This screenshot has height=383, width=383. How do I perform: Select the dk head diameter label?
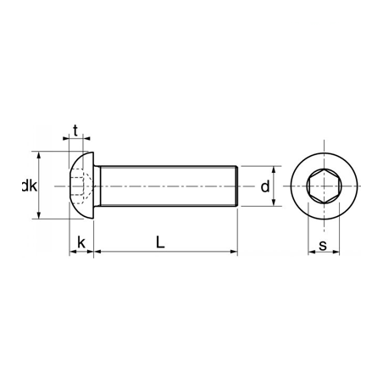[x=29, y=186]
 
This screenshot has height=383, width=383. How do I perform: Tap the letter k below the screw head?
[x=80, y=242]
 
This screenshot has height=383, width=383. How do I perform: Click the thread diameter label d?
[x=264, y=186]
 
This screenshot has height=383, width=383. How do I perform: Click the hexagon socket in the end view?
[x=323, y=186]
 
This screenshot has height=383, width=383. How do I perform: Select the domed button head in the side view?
[x=80, y=186]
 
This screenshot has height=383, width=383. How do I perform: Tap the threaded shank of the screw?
[x=165, y=186]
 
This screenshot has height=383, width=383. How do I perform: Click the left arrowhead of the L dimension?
[x=97, y=252]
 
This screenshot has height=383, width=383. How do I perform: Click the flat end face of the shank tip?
[x=236, y=186]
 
